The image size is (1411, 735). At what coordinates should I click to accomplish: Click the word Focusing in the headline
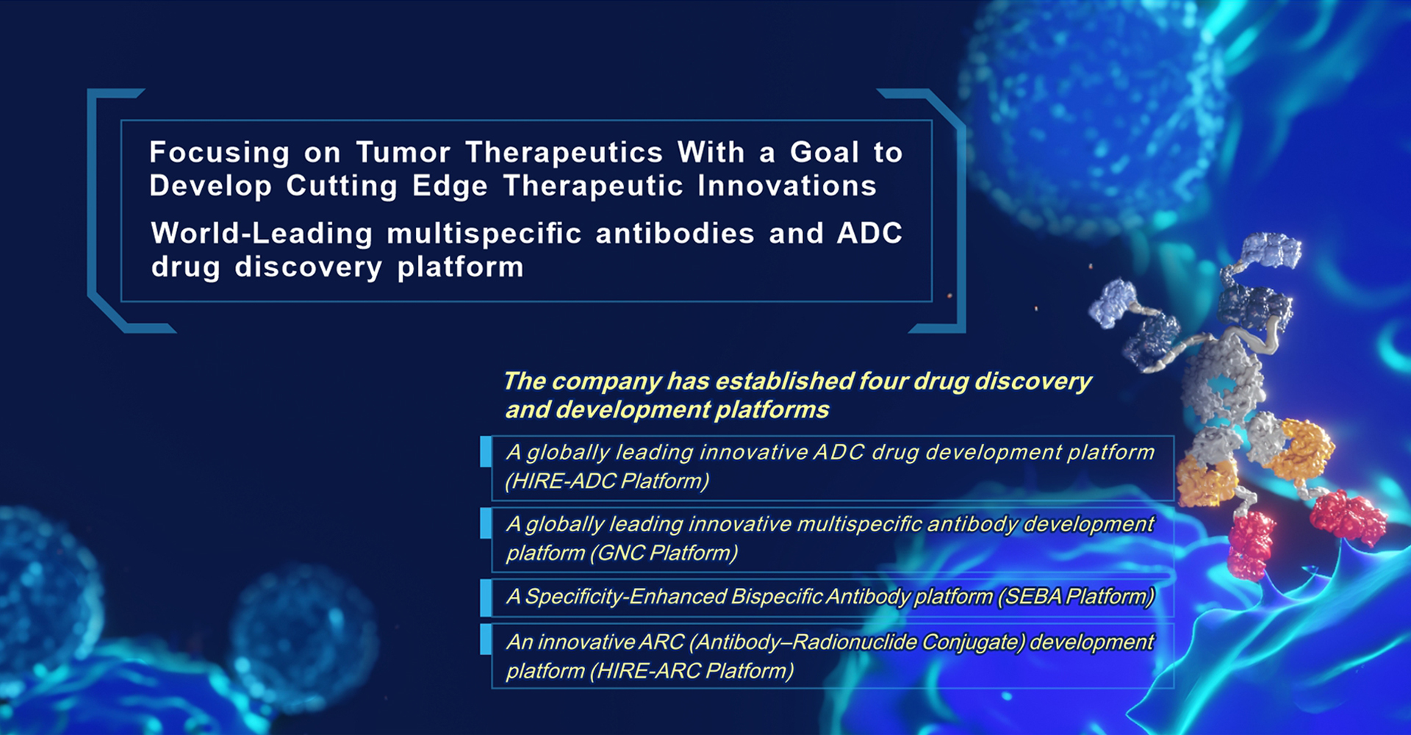click(x=220, y=154)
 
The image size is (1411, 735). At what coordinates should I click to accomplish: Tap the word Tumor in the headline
click(x=403, y=152)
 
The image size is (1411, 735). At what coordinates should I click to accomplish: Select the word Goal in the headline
click(x=825, y=152)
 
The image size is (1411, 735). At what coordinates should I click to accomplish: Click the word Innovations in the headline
click(x=787, y=186)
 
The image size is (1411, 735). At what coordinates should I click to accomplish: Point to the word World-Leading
click(x=262, y=234)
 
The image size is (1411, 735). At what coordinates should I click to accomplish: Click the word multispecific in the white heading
click(x=484, y=234)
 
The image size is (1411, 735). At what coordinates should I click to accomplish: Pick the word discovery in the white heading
click(x=309, y=268)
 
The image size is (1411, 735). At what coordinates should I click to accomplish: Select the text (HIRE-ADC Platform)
click(x=607, y=481)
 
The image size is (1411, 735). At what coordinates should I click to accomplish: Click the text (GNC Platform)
click(x=664, y=553)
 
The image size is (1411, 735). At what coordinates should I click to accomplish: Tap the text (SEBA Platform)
click(x=1076, y=596)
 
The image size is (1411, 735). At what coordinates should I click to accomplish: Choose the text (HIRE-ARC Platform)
click(x=692, y=670)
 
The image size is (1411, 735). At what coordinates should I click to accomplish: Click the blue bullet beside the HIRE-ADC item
click(x=486, y=452)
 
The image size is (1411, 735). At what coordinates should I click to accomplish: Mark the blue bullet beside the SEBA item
click(x=486, y=598)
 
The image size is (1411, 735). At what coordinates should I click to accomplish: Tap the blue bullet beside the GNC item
click(x=486, y=523)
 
